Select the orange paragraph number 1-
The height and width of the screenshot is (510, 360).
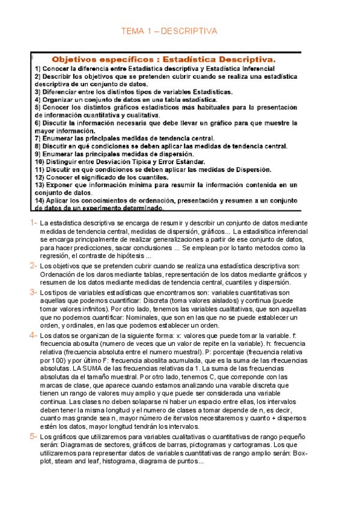(x=34, y=223)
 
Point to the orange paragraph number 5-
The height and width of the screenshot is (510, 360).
(x=34, y=436)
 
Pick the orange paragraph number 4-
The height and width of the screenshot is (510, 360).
(x=34, y=334)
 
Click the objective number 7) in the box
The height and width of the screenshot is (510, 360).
(x=38, y=138)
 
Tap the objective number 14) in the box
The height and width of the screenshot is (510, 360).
(x=40, y=200)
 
